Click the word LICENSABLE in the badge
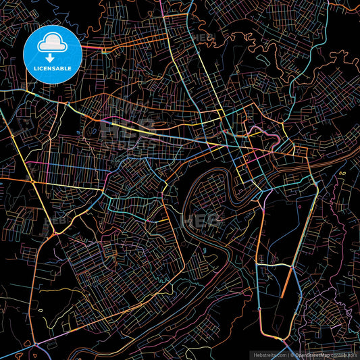click(x=53, y=68)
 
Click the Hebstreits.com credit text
click(x=268, y=355)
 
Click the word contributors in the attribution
click(x=346, y=355)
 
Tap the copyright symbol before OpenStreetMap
click(x=292, y=355)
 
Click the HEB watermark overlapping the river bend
click(x=199, y=220)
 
